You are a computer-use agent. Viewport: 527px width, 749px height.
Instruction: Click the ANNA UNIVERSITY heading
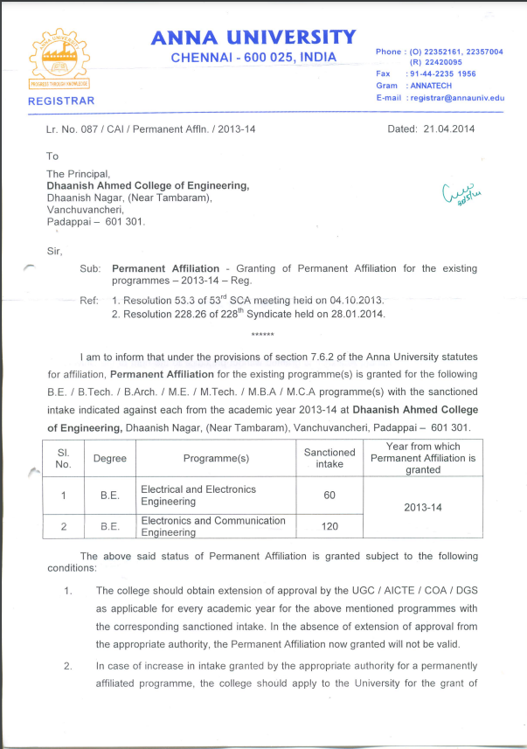tap(253, 37)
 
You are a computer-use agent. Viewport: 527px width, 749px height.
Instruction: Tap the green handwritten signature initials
tap(468, 190)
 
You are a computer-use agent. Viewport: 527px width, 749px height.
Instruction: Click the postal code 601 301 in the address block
tap(122, 222)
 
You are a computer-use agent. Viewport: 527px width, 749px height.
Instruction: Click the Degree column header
tap(110, 459)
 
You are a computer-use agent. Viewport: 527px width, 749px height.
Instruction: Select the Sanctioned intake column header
tap(329, 458)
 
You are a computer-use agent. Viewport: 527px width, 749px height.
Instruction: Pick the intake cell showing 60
tap(329, 496)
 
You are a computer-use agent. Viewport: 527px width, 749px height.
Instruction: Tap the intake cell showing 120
tap(329, 526)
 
